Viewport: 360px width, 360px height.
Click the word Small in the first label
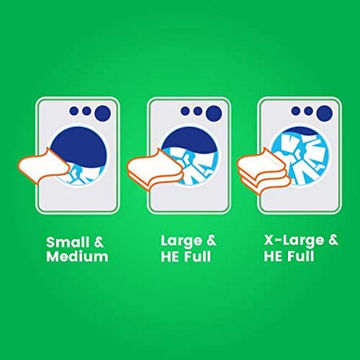(68, 242)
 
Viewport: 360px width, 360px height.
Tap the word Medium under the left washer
(77, 256)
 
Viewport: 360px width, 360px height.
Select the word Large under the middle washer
(181, 241)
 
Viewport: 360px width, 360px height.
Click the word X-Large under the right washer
(294, 240)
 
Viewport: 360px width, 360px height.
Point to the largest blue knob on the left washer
(103, 113)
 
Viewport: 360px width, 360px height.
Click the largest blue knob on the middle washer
(214, 113)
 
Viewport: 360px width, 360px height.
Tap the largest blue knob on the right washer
(325, 113)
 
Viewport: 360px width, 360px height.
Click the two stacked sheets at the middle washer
(154, 169)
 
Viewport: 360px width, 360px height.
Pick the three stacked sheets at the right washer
(264, 171)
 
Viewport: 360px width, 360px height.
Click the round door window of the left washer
(79, 156)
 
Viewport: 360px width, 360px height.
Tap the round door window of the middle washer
(190, 156)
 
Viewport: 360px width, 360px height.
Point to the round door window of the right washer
(300, 156)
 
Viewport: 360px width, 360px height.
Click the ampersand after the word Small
(98, 242)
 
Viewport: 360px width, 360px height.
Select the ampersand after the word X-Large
(333, 240)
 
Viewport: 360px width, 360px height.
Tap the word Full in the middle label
(198, 256)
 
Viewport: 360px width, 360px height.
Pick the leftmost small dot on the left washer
(73, 111)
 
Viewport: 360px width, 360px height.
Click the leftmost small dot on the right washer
(295, 111)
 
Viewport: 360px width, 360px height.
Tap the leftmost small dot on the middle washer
(185, 111)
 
